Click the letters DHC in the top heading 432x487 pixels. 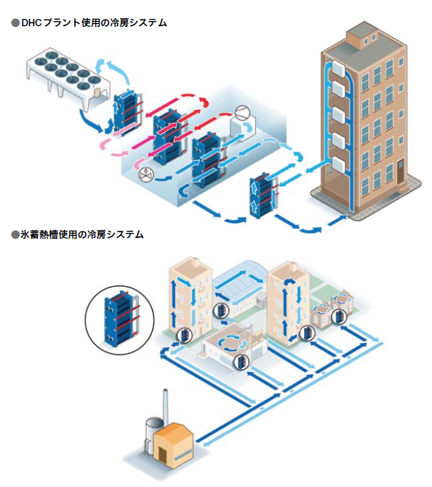point(32,23)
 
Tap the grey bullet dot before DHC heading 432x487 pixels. point(15,23)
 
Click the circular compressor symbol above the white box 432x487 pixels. point(241,112)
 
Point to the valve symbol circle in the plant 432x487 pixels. point(145,175)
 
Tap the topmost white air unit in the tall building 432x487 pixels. point(339,68)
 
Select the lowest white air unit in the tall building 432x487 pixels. point(339,165)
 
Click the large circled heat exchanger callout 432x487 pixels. point(120,320)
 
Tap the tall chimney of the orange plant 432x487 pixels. point(165,405)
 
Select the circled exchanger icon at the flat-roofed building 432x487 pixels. point(241,361)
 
